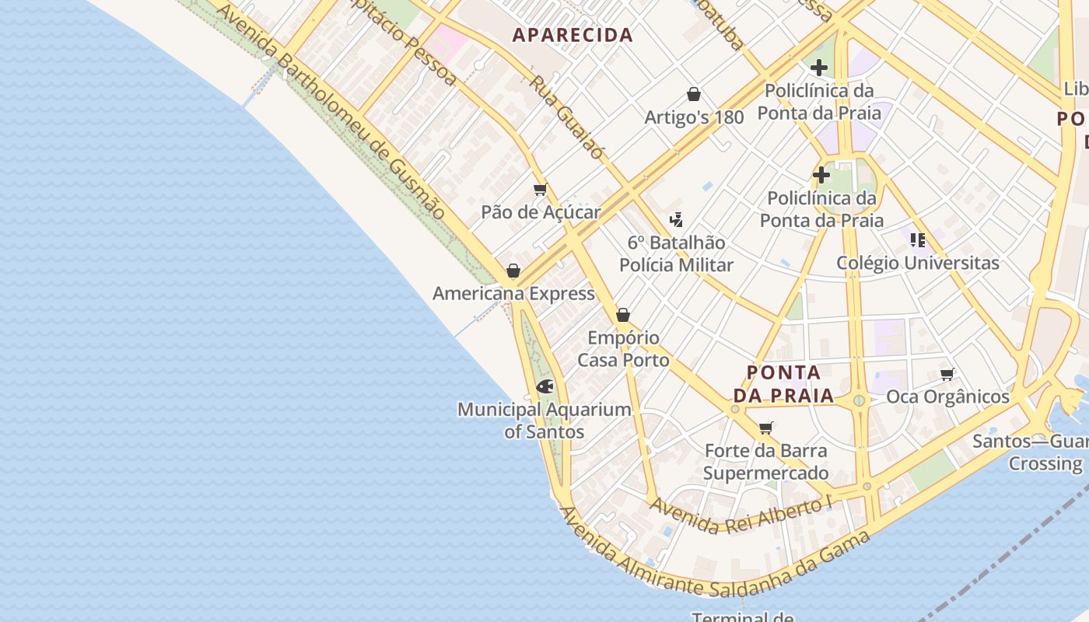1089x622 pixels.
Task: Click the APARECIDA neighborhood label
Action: [573, 35]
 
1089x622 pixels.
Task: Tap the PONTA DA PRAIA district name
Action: [783, 383]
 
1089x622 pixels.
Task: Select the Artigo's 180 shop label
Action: [694, 117]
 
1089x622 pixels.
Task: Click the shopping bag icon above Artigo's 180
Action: [694, 95]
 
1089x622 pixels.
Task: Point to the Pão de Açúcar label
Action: [541, 212]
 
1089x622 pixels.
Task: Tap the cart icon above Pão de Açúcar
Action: [541, 190]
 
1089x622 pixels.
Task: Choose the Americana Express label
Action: [513, 294]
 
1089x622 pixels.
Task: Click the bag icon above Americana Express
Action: [513, 271]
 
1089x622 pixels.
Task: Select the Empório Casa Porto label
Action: [623, 349]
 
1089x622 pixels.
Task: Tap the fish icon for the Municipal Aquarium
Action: [545, 386]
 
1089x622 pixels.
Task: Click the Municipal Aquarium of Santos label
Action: [544, 420]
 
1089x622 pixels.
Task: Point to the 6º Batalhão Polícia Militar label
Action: [676, 253]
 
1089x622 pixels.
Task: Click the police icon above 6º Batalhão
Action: [676, 220]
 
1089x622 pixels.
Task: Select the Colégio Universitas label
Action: [917, 263]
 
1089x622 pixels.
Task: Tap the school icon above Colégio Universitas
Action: [918, 240]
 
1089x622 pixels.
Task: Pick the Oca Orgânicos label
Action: [947, 397]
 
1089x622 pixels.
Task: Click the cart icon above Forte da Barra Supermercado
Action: [766, 428]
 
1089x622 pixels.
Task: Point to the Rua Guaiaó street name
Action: [566, 117]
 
